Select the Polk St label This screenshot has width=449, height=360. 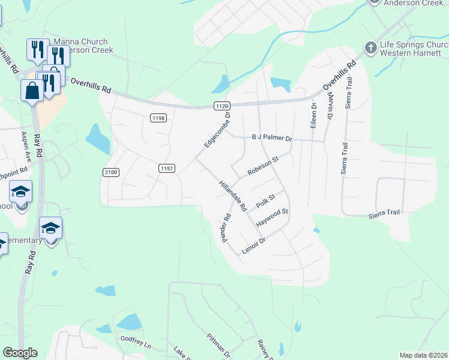pyautogui.click(x=265, y=201)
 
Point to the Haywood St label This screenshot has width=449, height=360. pyautogui.click(x=273, y=217)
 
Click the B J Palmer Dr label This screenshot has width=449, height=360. pyautogui.click(x=271, y=138)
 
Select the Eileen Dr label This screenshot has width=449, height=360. pyautogui.click(x=313, y=117)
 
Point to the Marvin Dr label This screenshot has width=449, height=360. pyautogui.click(x=330, y=107)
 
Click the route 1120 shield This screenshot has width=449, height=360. pyautogui.click(x=221, y=106)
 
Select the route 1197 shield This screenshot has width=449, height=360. pyautogui.click(x=167, y=169)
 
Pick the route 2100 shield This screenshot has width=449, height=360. pyautogui.click(x=111, y=172)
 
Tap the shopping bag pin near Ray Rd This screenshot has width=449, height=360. pyautogui.click(x=32, y=91)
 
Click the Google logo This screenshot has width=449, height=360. pyautogui.click(x=20, y=353)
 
